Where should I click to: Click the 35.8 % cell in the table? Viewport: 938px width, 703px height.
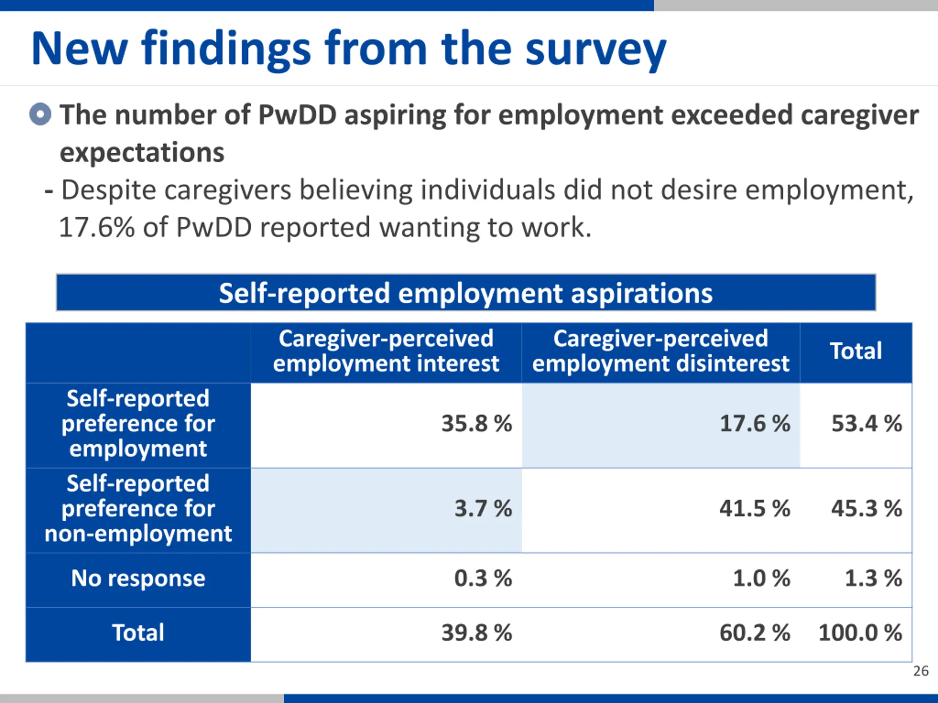point(476,423)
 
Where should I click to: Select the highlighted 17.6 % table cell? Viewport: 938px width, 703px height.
point(755,423)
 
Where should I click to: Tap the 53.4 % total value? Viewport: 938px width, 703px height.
point(866,423)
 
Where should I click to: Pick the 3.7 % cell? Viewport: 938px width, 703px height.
point(483,508)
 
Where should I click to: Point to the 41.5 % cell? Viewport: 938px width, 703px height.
point(755,508)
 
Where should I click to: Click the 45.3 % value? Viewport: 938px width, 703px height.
point(866,508)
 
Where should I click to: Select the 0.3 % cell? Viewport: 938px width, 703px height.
point(483,578)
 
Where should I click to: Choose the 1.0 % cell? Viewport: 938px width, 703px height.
point(762,578)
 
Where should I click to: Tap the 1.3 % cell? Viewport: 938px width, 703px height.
point(873,578)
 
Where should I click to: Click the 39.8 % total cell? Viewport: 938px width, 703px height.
point(476,633)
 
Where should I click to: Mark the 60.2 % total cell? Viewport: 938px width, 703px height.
point(755,633)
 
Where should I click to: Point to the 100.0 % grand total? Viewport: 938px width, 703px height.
point(860,633)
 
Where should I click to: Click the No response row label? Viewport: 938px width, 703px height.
point(138,578)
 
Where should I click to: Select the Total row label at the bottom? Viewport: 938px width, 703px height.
point(138,633)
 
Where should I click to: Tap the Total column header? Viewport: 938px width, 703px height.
point(856,351)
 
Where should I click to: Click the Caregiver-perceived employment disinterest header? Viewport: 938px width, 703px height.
point(661,351)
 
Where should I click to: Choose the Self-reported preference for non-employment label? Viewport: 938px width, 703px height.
point(138,508)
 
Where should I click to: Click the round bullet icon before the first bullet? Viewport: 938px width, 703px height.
point(40,114)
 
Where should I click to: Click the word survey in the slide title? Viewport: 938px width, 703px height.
point(595,50)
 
